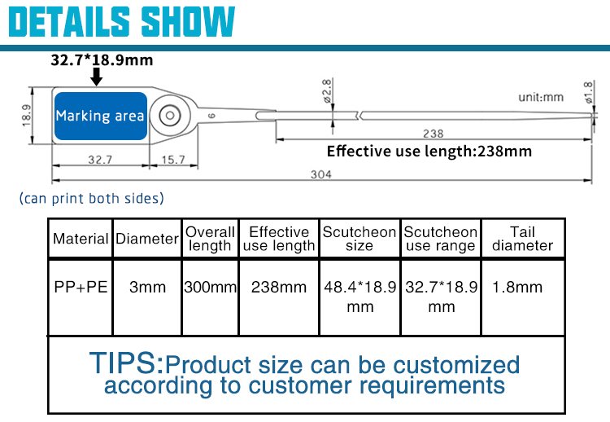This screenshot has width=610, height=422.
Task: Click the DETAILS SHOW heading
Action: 121,22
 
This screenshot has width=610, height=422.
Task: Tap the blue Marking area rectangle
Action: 101,116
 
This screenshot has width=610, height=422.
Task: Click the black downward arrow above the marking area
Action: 96,77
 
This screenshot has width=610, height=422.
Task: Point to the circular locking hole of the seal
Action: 170,116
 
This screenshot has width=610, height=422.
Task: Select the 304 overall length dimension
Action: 321,174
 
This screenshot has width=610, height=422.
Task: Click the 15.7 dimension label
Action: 173,160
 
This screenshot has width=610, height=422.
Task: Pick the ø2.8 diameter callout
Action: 328,91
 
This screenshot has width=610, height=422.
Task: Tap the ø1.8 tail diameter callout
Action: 589,92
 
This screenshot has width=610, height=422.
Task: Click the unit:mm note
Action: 541,97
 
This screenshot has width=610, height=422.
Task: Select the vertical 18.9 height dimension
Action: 27,116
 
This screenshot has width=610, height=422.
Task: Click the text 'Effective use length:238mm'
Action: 429,152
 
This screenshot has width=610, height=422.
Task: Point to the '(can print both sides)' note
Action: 92,198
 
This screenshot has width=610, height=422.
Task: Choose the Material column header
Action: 81,239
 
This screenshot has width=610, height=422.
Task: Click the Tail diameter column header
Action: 522,239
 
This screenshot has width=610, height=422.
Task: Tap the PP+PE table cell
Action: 81,288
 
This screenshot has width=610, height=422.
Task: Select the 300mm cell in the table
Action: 210,288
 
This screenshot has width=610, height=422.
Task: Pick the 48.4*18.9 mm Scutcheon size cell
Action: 359,297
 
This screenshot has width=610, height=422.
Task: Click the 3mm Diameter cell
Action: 147,288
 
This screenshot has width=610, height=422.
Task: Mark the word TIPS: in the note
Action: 126,363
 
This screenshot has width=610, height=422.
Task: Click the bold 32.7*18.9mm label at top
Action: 102,60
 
